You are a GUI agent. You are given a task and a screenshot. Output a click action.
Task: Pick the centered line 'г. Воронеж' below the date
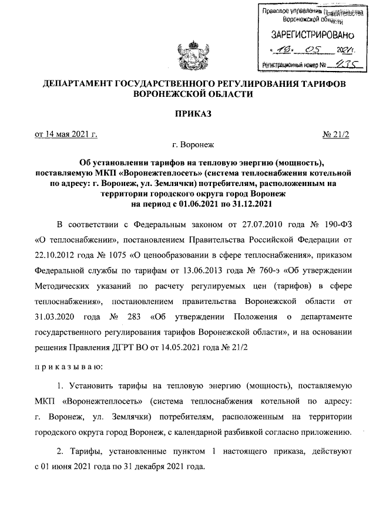point(192,144)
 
